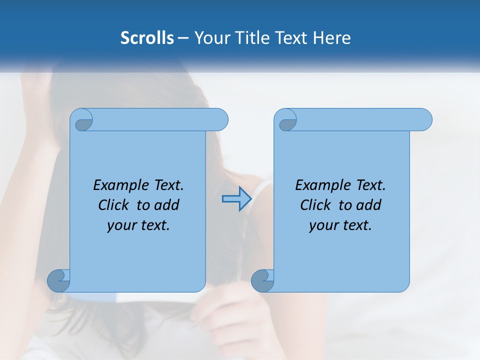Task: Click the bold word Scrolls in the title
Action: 147,38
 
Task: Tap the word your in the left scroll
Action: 120,225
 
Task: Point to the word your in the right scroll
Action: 322,225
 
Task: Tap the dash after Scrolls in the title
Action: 183,38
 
